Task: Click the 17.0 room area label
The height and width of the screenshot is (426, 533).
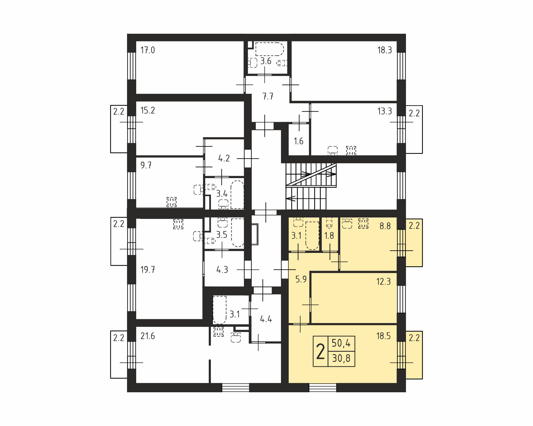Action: click(x=147, y=50)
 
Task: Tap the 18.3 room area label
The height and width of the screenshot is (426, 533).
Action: click(x=384, y=50)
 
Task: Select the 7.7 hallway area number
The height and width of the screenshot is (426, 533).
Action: click(x=268, y=96)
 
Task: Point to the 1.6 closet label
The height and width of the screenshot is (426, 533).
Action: click(x=298, y=141)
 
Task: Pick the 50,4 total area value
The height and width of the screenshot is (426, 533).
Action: click(x=341, y=343)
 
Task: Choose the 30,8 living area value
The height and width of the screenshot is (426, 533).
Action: click(x=341, y=359)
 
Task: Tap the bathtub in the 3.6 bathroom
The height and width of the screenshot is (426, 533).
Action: click(x=269, y=49)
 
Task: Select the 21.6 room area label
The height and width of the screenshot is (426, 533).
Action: click(x=147, y=336)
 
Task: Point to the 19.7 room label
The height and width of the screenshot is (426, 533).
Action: click(x=147, y=270)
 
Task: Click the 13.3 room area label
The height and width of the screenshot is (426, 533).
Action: click(x=384, y=111)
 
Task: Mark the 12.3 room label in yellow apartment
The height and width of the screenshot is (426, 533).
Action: click(x=383, y=281)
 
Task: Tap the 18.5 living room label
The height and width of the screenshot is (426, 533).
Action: click(x=383, y=336)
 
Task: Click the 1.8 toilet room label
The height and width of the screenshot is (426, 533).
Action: click(x=329, y=236)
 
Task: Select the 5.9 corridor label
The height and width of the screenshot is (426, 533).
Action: click(x=301, y=279)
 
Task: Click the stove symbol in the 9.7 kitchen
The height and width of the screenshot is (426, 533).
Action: click(x=171, y=202)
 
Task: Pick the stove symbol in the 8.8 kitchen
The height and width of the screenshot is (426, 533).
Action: click(x=363, y=223)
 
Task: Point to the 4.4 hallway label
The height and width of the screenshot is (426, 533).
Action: click(x=266, y=319)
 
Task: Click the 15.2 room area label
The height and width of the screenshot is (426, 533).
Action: click(x=147, y=110)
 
